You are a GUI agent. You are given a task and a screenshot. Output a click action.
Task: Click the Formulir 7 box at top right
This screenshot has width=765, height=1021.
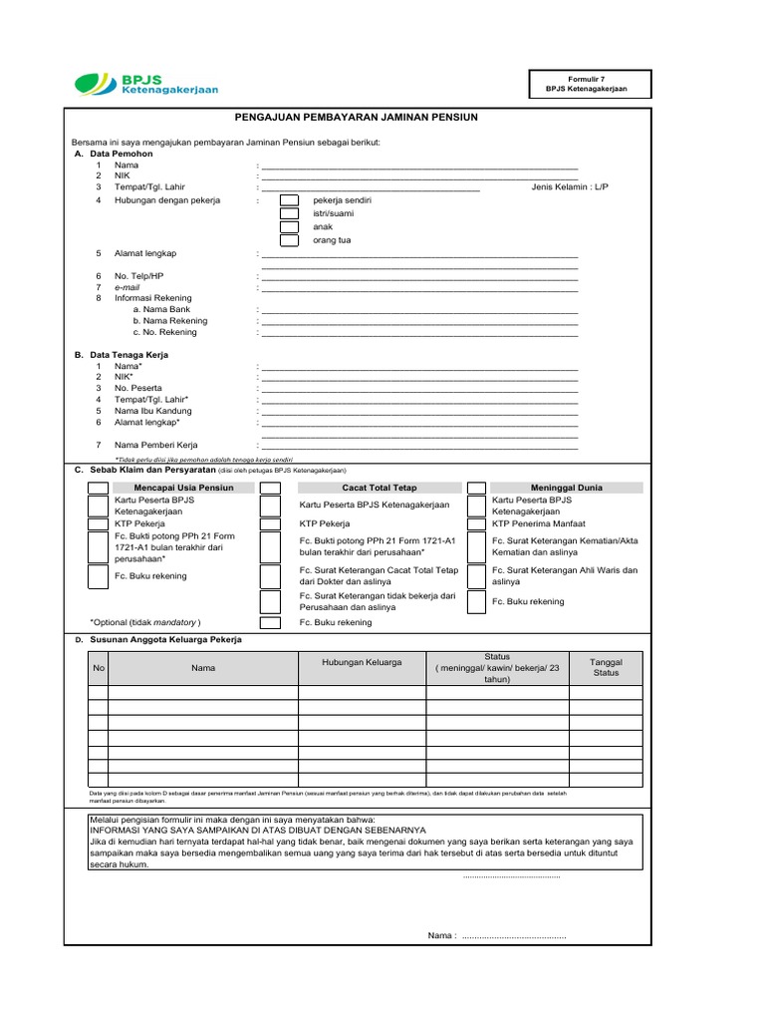click(x=592, y=84)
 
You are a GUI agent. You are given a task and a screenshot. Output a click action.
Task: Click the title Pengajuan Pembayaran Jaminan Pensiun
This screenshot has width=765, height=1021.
click(x=357, y=118)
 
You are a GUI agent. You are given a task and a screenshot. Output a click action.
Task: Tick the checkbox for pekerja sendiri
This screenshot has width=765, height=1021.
click(x=289, y=200)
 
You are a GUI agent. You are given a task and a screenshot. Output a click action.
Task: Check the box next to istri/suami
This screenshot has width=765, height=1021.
click(x=289, y=213)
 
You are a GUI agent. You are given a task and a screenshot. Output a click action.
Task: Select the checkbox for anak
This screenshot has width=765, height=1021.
click(x=289, y=227)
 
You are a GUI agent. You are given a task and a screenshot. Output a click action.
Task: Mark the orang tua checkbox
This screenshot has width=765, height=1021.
click(x=289, y=240)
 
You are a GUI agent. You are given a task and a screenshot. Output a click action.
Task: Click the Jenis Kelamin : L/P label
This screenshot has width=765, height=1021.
click(x=570, y=186)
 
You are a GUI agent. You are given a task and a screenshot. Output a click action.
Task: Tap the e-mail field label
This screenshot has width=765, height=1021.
click(x=127, y=287)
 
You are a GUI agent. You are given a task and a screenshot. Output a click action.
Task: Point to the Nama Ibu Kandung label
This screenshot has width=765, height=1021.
click(x=152, y=411)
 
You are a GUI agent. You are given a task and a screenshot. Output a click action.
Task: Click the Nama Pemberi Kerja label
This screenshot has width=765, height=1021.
click(x=155, y=445)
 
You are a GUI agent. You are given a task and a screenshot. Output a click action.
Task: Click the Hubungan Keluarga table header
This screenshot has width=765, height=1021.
click(x=362, y=662)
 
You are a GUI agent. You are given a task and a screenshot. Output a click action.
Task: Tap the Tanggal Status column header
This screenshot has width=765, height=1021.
click(x=606, y=667)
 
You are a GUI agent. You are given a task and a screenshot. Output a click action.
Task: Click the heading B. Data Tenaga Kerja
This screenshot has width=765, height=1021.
click(x=122, y=355)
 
